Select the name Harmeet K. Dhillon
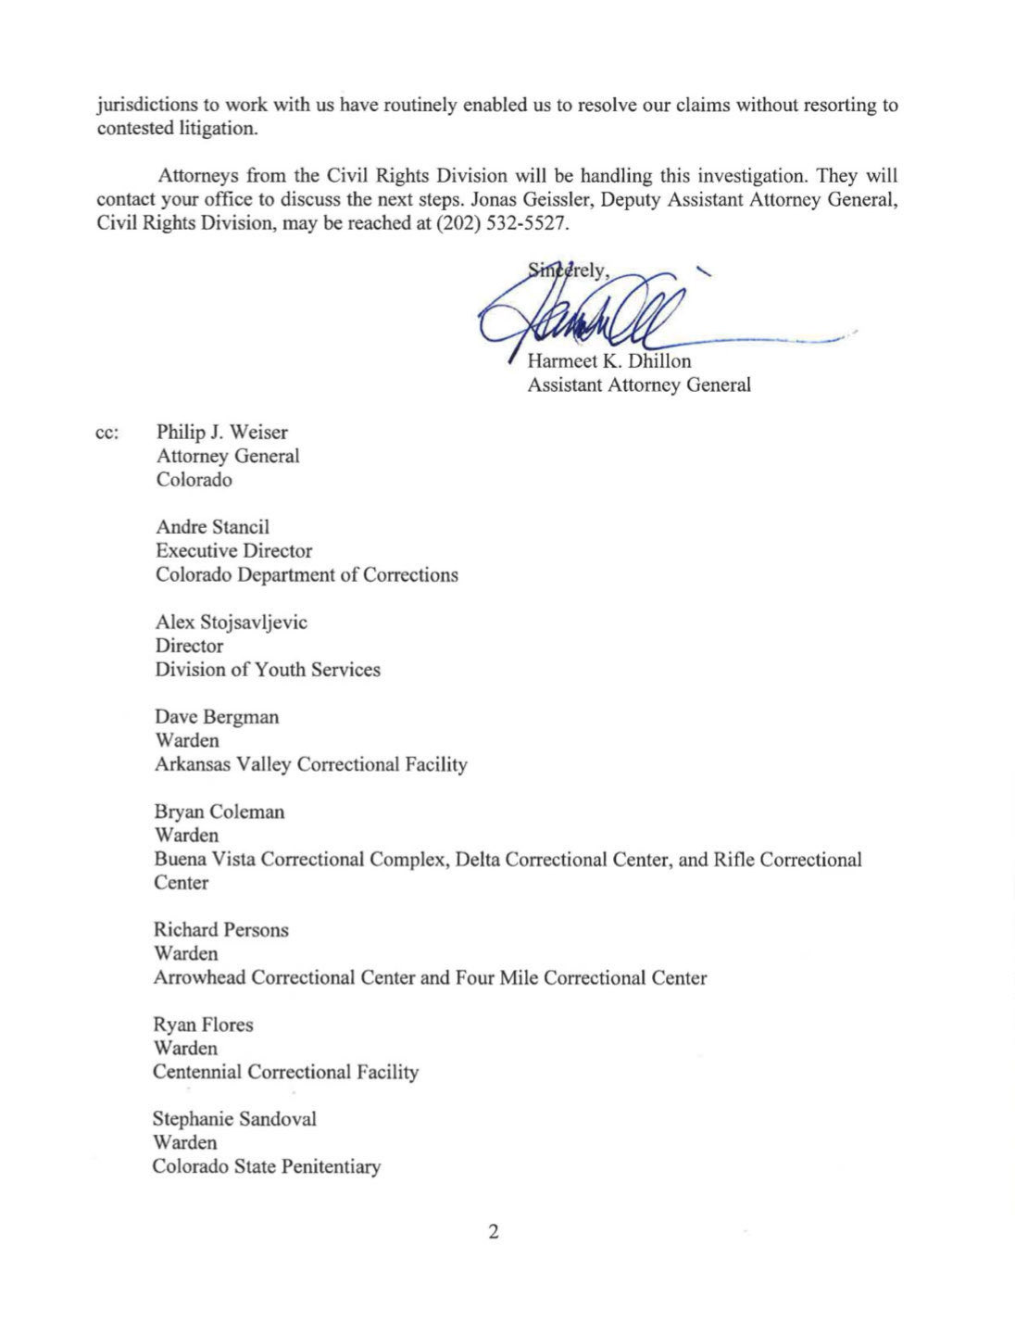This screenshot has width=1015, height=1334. coord(608,360)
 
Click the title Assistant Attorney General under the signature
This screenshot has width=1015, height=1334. coord(638,384)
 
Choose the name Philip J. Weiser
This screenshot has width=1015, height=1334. coord(221,433)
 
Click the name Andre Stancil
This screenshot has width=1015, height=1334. coord(212,527)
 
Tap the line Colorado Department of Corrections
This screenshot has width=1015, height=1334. coord(307,574)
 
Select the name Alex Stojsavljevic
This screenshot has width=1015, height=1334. coord(231,623)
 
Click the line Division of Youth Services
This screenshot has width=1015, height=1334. coord(268,670)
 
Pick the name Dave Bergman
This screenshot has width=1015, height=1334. coord(217,717)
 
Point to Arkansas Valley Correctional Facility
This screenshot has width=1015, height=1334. coord(311,764)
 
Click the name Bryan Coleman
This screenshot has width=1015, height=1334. coord(219,812)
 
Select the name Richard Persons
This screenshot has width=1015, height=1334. coord(221,929)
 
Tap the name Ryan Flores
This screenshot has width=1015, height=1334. coord(203,1025)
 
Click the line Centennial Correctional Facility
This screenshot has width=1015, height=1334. coord(285,1072)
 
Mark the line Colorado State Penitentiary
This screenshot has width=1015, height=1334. coord(267,1166)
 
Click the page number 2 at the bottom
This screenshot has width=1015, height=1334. coord(494,1232)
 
